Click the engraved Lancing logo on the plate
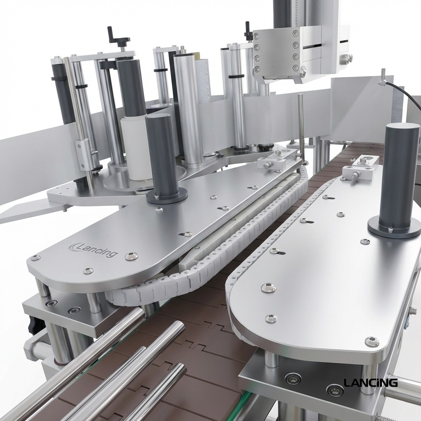click(x=94, y=250)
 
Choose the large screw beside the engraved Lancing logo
click(x=131, y=256)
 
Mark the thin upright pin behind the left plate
click(x=301, y=123)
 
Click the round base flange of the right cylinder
click(x=394, y=228)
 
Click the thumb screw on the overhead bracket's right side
click(x=349, y=58)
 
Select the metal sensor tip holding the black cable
click(x=383, y=78)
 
